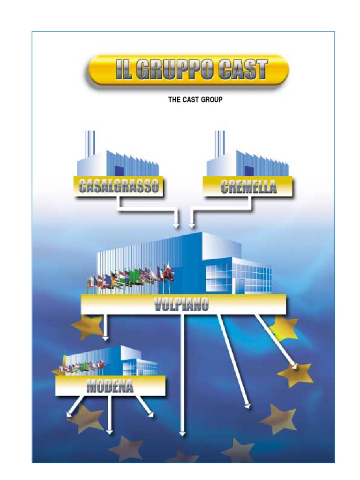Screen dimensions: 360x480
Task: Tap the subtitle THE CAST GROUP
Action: coord(195,99)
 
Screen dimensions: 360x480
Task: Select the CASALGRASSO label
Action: coord(119,186)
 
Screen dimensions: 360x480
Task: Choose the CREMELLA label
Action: coord(248,186)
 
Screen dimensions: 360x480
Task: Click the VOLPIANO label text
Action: coord(181,304)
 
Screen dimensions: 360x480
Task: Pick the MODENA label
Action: coord(110,386)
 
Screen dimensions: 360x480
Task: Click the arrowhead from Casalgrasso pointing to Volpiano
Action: coord(176,225)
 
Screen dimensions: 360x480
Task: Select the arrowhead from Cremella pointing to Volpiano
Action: coord(192,225)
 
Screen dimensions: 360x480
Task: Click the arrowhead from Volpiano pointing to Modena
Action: coord(105,338)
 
